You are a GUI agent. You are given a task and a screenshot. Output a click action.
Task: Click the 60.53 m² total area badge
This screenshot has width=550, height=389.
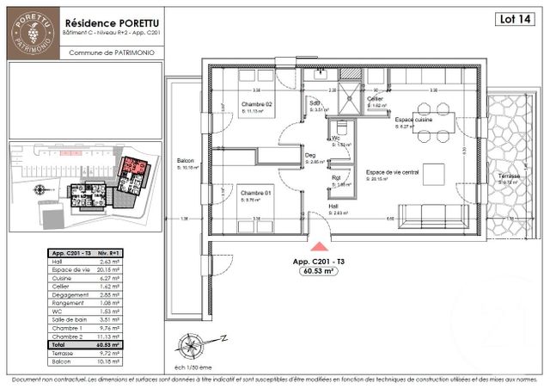tap(317, 270)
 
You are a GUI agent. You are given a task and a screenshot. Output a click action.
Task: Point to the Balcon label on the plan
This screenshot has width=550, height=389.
tap(185, 161)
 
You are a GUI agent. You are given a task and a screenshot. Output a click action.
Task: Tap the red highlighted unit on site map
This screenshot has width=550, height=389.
tap(133, 165)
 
